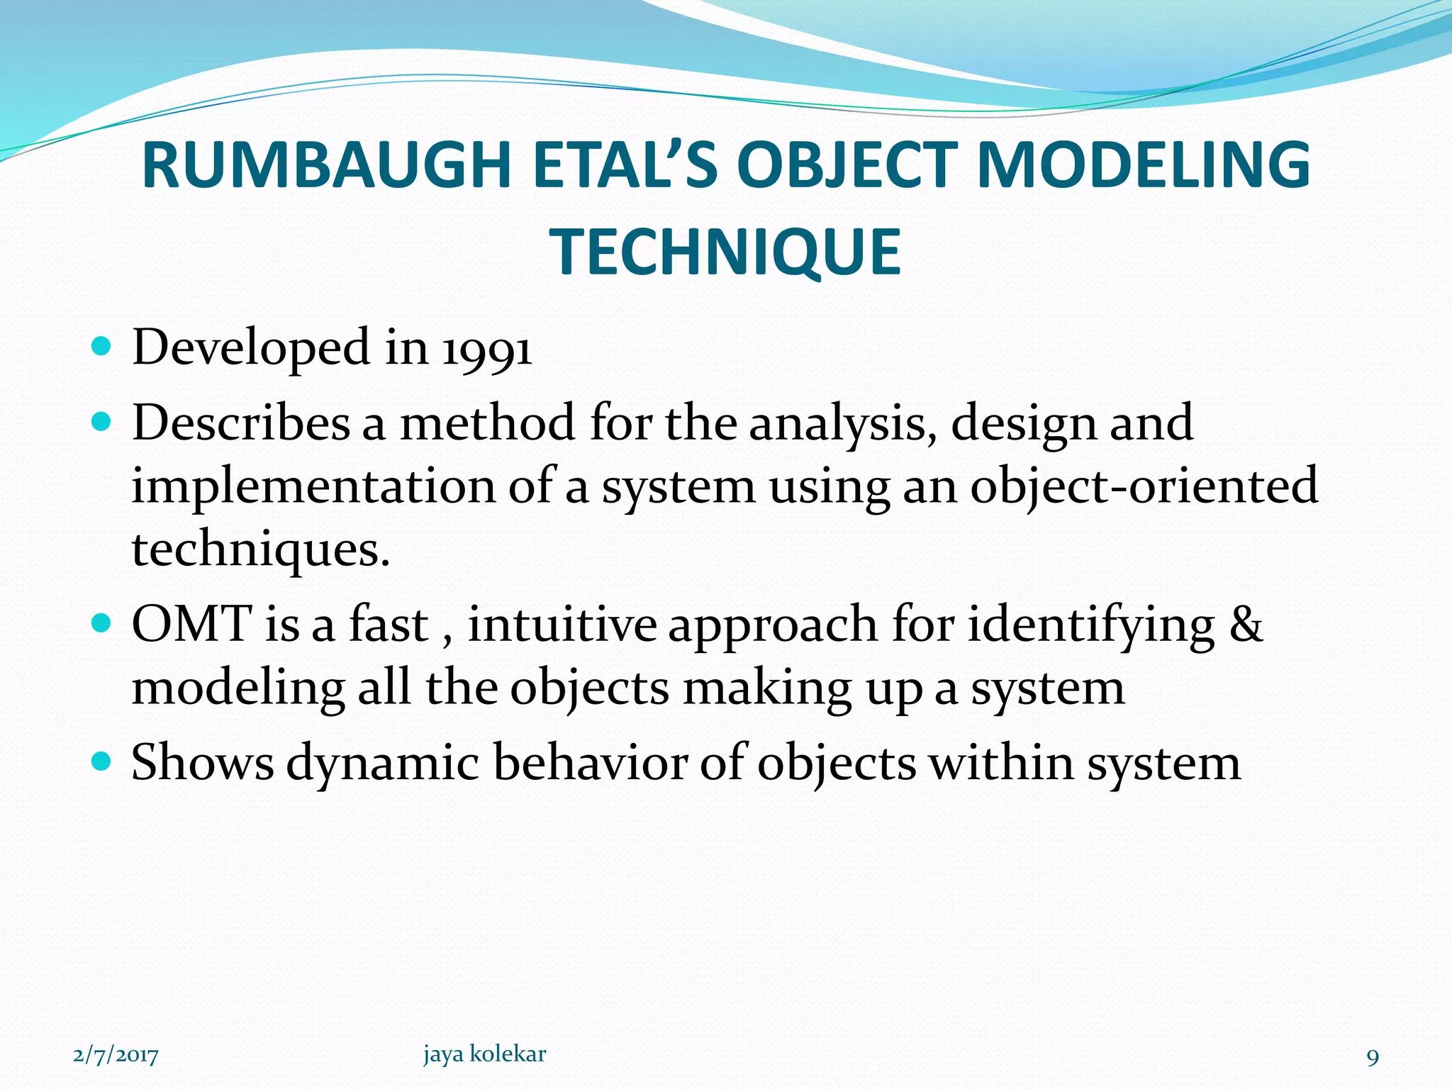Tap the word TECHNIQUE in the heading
[725, 252]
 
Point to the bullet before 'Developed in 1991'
[102, 347]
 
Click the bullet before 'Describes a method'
[102, 423]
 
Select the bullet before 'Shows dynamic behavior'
[102, 762]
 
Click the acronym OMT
[191, 625]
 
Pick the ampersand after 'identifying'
[1246, 625]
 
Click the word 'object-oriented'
[1144, 487]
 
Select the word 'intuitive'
[562, 625]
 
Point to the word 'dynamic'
[383, 764]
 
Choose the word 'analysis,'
[843, 424]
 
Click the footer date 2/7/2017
[116, 1056]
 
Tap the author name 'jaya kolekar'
[484, 1054]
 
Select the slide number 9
[1373, 1058]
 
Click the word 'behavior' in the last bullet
[590, 763]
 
